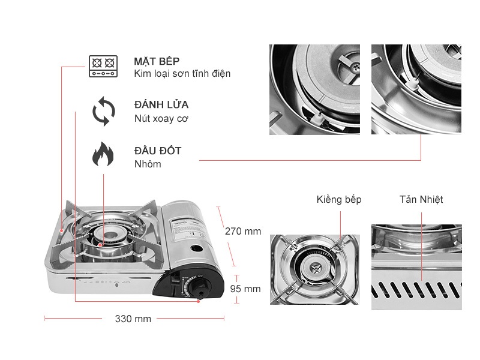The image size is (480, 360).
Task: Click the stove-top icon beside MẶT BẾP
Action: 102,67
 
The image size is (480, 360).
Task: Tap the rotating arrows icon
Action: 103,112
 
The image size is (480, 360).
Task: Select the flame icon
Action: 103,154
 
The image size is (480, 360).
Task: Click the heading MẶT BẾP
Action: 157,61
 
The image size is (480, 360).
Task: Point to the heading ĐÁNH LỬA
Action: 161,104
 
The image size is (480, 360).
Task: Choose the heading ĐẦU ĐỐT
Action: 158,151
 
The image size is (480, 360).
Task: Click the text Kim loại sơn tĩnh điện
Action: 182,74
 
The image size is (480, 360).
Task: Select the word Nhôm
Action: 148,164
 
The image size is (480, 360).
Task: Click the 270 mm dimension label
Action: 243,231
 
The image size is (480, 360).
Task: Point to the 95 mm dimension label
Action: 245,289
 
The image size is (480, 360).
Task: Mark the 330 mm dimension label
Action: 133,319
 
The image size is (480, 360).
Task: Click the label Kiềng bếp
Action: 339,200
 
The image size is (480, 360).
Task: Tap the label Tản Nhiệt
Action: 421,200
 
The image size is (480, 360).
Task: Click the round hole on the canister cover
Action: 195,248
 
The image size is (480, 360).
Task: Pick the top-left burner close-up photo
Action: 314,89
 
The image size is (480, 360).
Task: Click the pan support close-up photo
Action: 314,269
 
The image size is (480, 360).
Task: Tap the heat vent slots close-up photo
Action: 416,268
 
